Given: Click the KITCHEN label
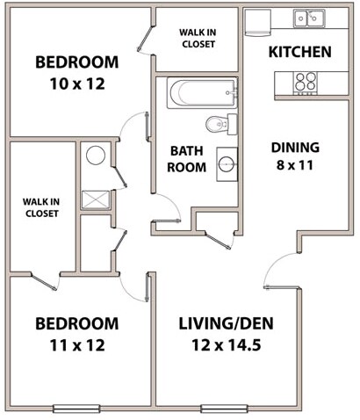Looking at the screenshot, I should point(299,52).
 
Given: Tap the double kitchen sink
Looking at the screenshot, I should point(308,18).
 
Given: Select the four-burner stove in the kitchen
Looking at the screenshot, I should point(305,82).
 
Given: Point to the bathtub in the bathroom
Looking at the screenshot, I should point(201,91).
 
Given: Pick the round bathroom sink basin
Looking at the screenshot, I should point(225,163).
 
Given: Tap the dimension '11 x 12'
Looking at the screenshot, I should point(76,344).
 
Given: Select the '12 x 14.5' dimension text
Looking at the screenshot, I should point(229,344).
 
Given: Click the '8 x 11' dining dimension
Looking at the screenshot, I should point(296,164).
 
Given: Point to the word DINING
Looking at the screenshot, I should point(295,147).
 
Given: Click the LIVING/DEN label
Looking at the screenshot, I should point(229,323).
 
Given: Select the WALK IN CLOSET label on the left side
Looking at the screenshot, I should point(40,206).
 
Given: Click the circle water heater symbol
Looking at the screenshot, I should point(96,156).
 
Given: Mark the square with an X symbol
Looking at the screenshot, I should point(94,199).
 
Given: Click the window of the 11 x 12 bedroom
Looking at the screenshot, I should point(76,408).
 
